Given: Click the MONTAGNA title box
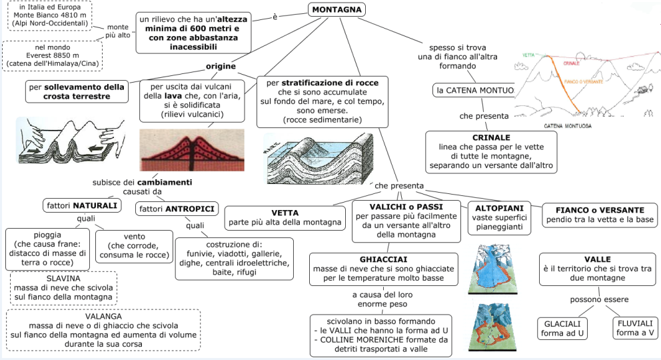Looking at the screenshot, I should (x=337, y=9).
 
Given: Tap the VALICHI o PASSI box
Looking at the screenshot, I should (x=406, y=220).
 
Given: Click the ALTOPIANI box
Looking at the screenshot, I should (x=500, y=217).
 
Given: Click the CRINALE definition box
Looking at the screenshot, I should (x=491, y=151).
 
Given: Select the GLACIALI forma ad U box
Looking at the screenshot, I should (x=562, y=328).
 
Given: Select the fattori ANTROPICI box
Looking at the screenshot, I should (x=177, y=209).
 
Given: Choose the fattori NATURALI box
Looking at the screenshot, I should (x=82, y=205).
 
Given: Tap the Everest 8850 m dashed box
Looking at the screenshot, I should (x=53, y=57).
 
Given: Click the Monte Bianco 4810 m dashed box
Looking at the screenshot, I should (x=51, y=15).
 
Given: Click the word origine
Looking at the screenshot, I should (x=221, y=67).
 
